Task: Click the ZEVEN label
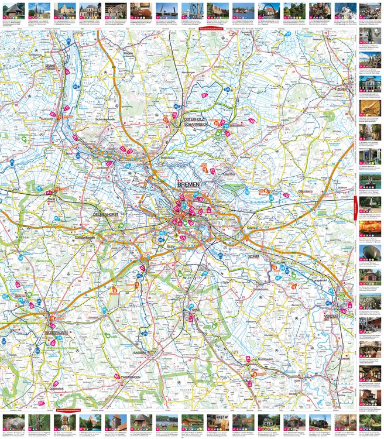tap(341, 88)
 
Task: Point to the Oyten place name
tap(252, 225)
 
